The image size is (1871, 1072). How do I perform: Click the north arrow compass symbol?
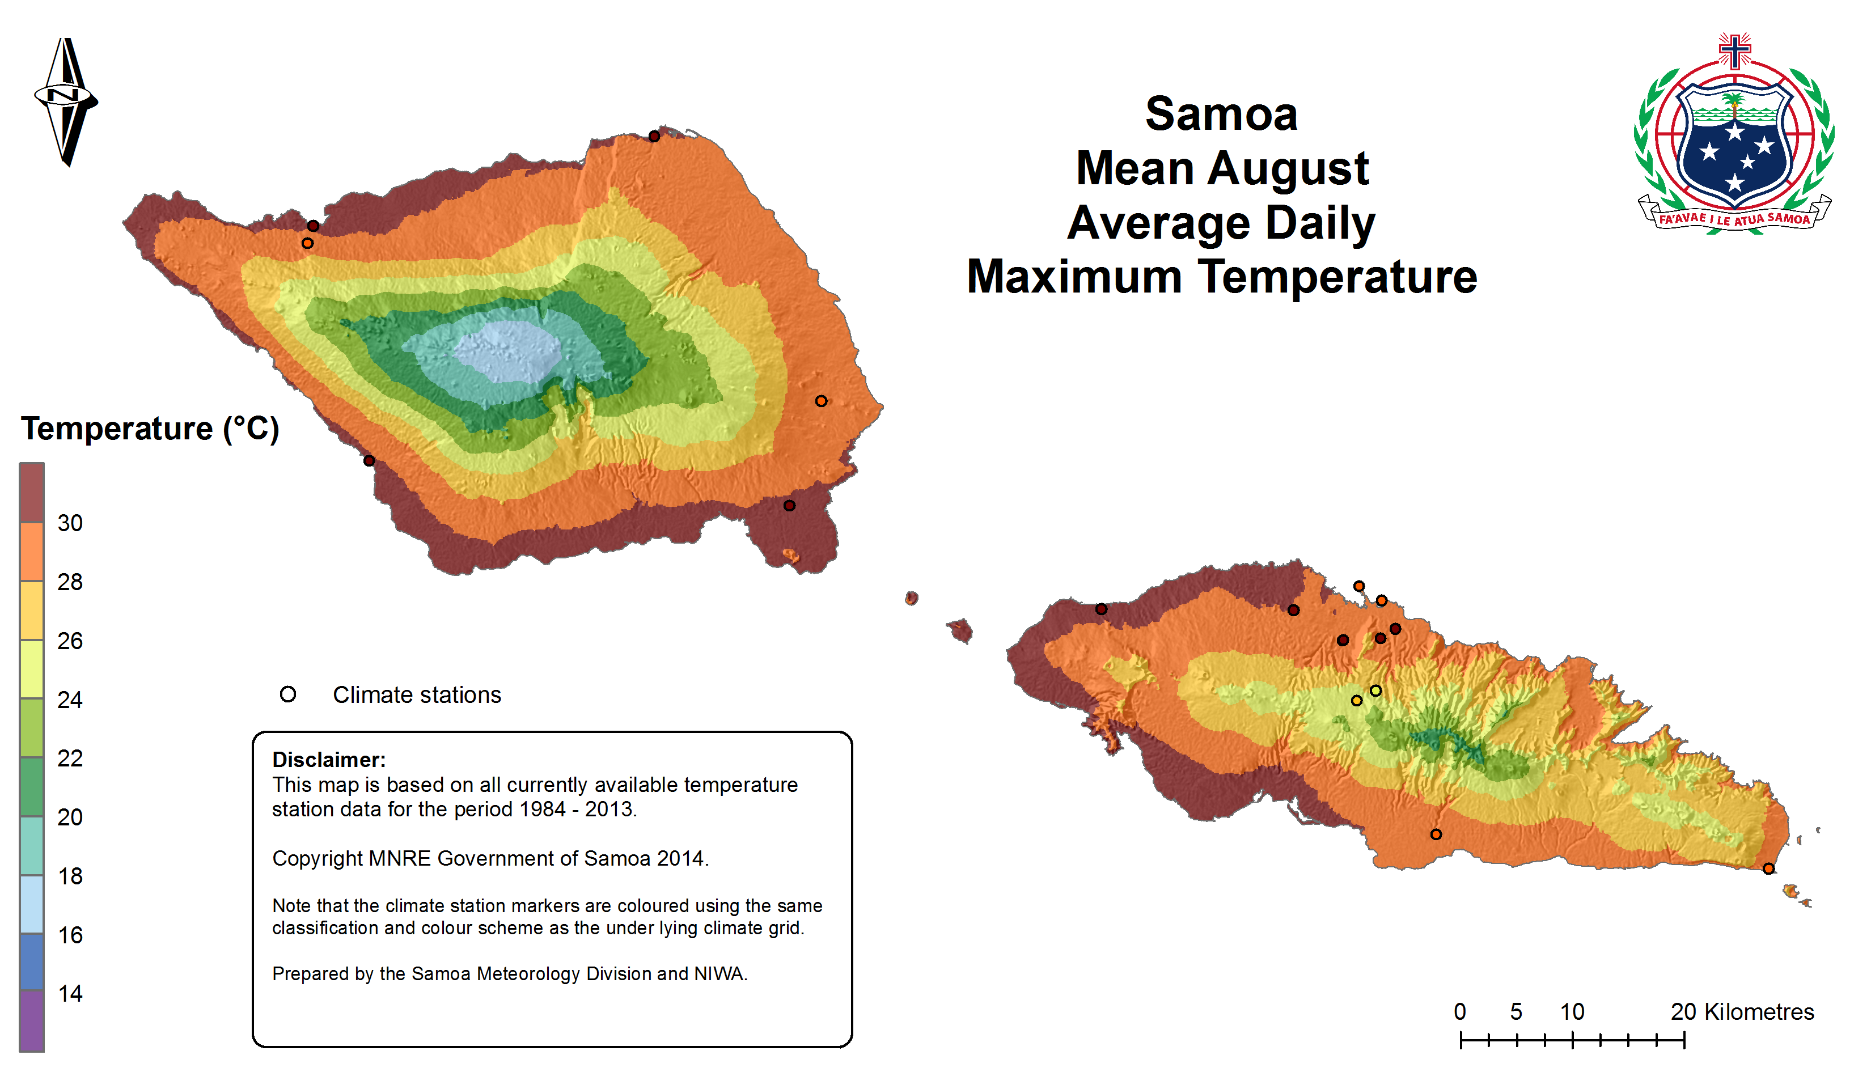(x=66, y=101)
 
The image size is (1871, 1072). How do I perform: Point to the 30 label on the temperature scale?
(x=70, y=523)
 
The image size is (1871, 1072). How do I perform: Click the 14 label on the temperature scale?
(x=70, y=994)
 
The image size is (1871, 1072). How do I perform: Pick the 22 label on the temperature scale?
(x=70, y=759)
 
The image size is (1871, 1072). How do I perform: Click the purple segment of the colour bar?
(x=32, y=1020)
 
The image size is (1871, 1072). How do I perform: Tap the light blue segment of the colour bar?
(x=32, y=904)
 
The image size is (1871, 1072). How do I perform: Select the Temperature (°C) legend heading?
(x=150, y=429)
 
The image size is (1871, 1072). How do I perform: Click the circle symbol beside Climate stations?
(x=288, y=694)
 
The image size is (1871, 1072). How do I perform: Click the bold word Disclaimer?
(x=328, y=760)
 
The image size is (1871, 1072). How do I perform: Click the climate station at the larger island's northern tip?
(x=654, y=136)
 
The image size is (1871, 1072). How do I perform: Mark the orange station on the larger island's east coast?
(x=821, y=401)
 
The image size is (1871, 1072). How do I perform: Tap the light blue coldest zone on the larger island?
(x=508, y=351)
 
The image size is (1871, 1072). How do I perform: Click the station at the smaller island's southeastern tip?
(x=1768, y=869)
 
